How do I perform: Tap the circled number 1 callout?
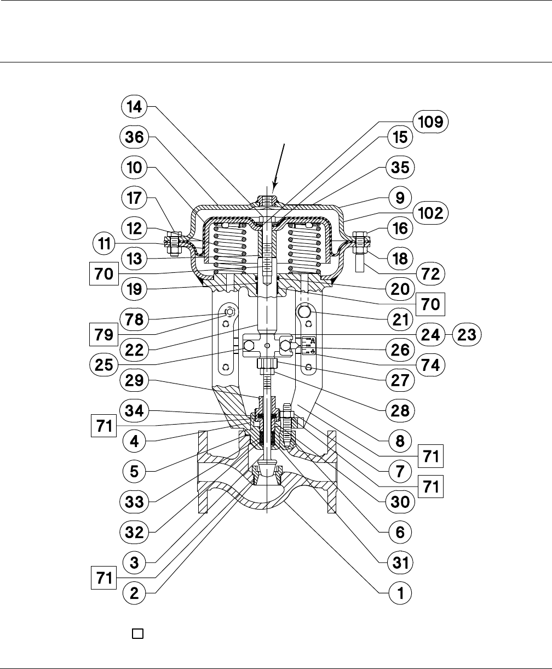pos(400,592)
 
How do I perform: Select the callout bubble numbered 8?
pos(400,439)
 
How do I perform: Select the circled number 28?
pos(400,409)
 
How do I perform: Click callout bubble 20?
pos(400,290)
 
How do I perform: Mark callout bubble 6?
pos(400,531)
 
